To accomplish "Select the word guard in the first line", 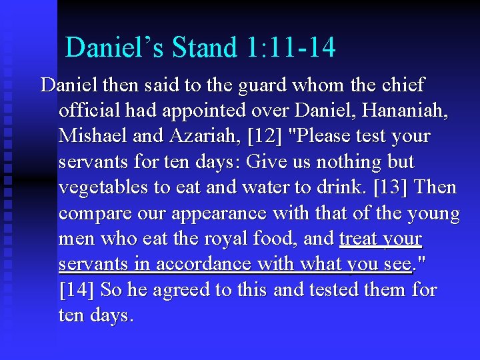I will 253,85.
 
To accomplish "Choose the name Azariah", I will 206,136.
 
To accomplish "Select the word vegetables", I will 103,188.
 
